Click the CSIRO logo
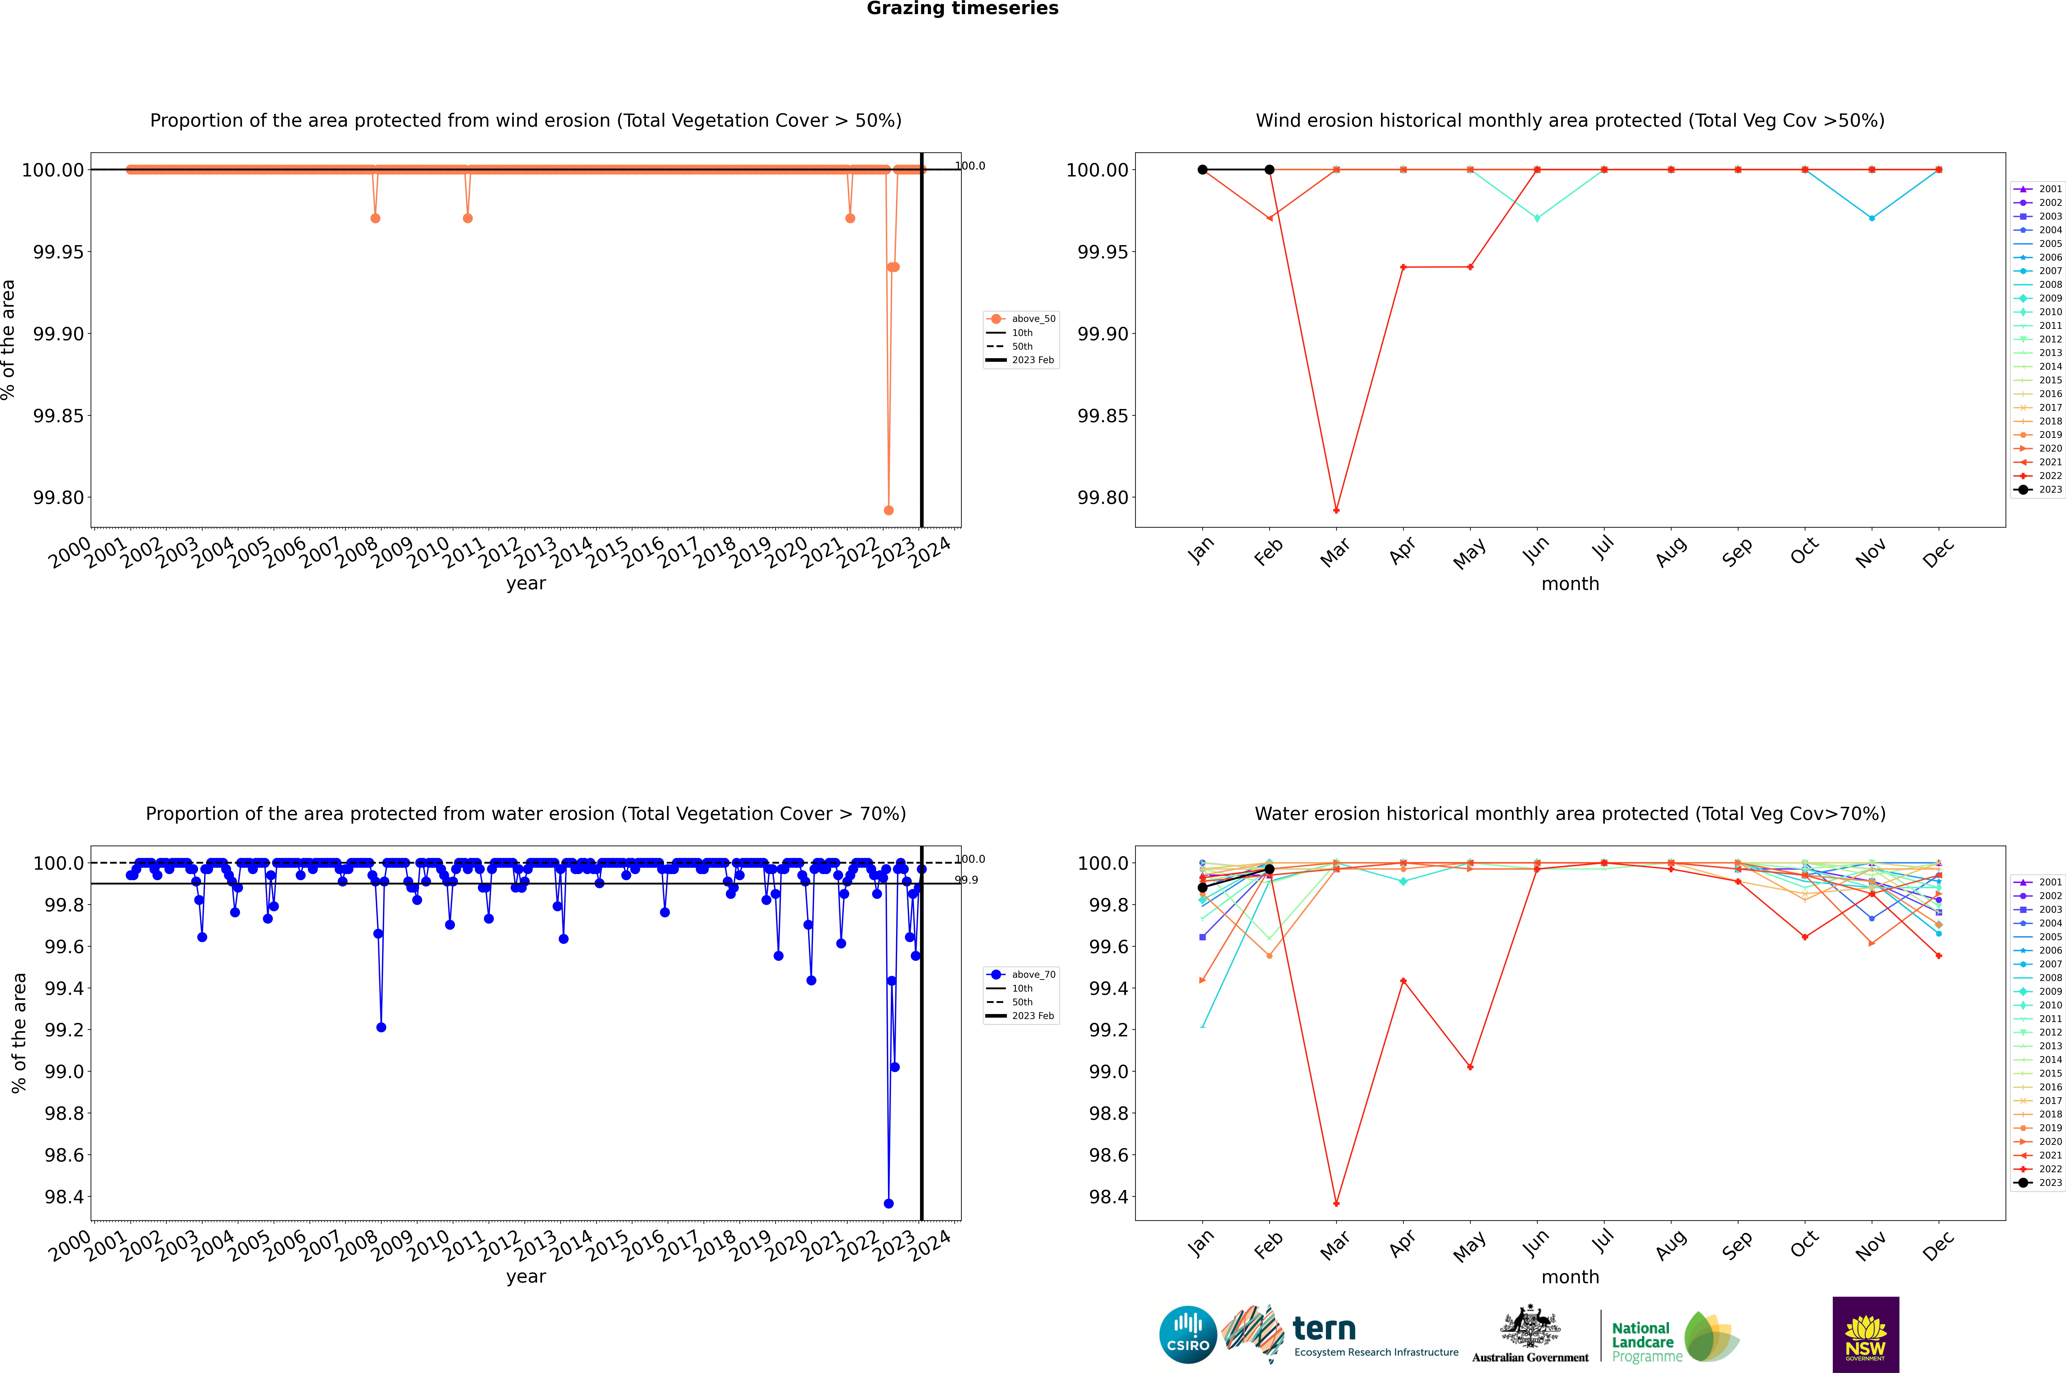click(1188, 1335)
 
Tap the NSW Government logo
click(1865, 1335)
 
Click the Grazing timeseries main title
click(963, 9)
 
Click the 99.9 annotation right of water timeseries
click(967, 880)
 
